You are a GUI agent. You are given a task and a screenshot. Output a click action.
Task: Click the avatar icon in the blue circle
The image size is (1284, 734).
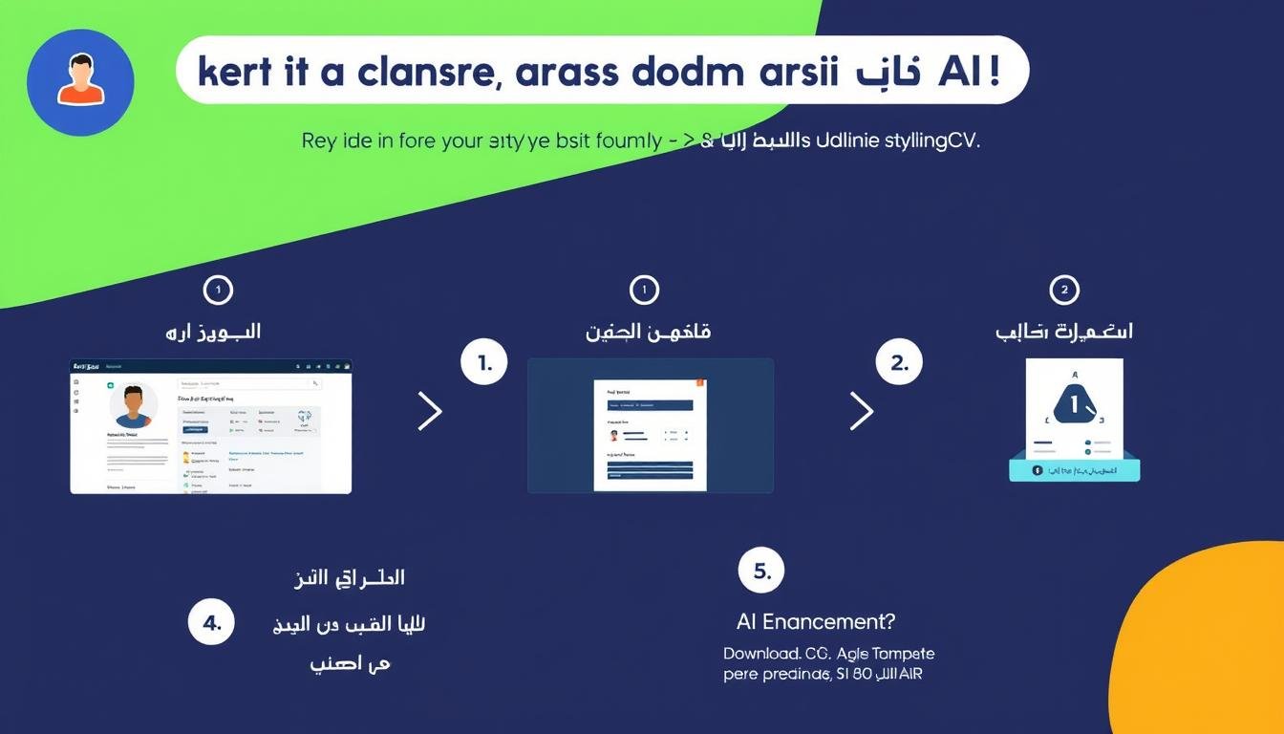pyautogui.click(x=80, y=82)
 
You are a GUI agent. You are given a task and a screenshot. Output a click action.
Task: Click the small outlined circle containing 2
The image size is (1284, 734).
pyautogui.click(x=1063, y=290)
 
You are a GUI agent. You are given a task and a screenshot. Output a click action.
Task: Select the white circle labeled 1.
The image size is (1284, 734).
pyautogui.click(x=482, y=363)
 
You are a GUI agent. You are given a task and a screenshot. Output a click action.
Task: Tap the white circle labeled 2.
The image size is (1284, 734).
pyautogui.click(x=899, y=363)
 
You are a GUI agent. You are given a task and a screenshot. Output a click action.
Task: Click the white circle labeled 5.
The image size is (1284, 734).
pyautogui.click(x=761, y=572)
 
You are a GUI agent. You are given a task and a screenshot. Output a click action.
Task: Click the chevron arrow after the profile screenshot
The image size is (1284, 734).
pyautogui.click(x=430, y=411)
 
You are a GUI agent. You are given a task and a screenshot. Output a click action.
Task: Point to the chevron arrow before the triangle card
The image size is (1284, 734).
pyautogui.click(x=861, y=411)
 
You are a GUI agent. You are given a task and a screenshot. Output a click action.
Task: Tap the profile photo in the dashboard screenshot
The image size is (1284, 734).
pyautogui.click(x=134, y=406)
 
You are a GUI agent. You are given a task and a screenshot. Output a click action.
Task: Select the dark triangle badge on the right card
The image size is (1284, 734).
pyautogui.click(x=1076, y=405)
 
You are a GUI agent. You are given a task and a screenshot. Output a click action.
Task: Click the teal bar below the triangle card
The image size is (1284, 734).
pyautogui.click(x=1075, y=470)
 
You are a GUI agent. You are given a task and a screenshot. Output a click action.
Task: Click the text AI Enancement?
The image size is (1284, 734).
pyautogui.click(x=816, y=622)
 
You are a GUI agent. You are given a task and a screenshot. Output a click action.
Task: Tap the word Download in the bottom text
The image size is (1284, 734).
pyautogui.click(x=761, y=655)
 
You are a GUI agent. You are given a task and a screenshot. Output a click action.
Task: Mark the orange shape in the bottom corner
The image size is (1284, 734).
pyautogui.click(x=1213, y=650)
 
